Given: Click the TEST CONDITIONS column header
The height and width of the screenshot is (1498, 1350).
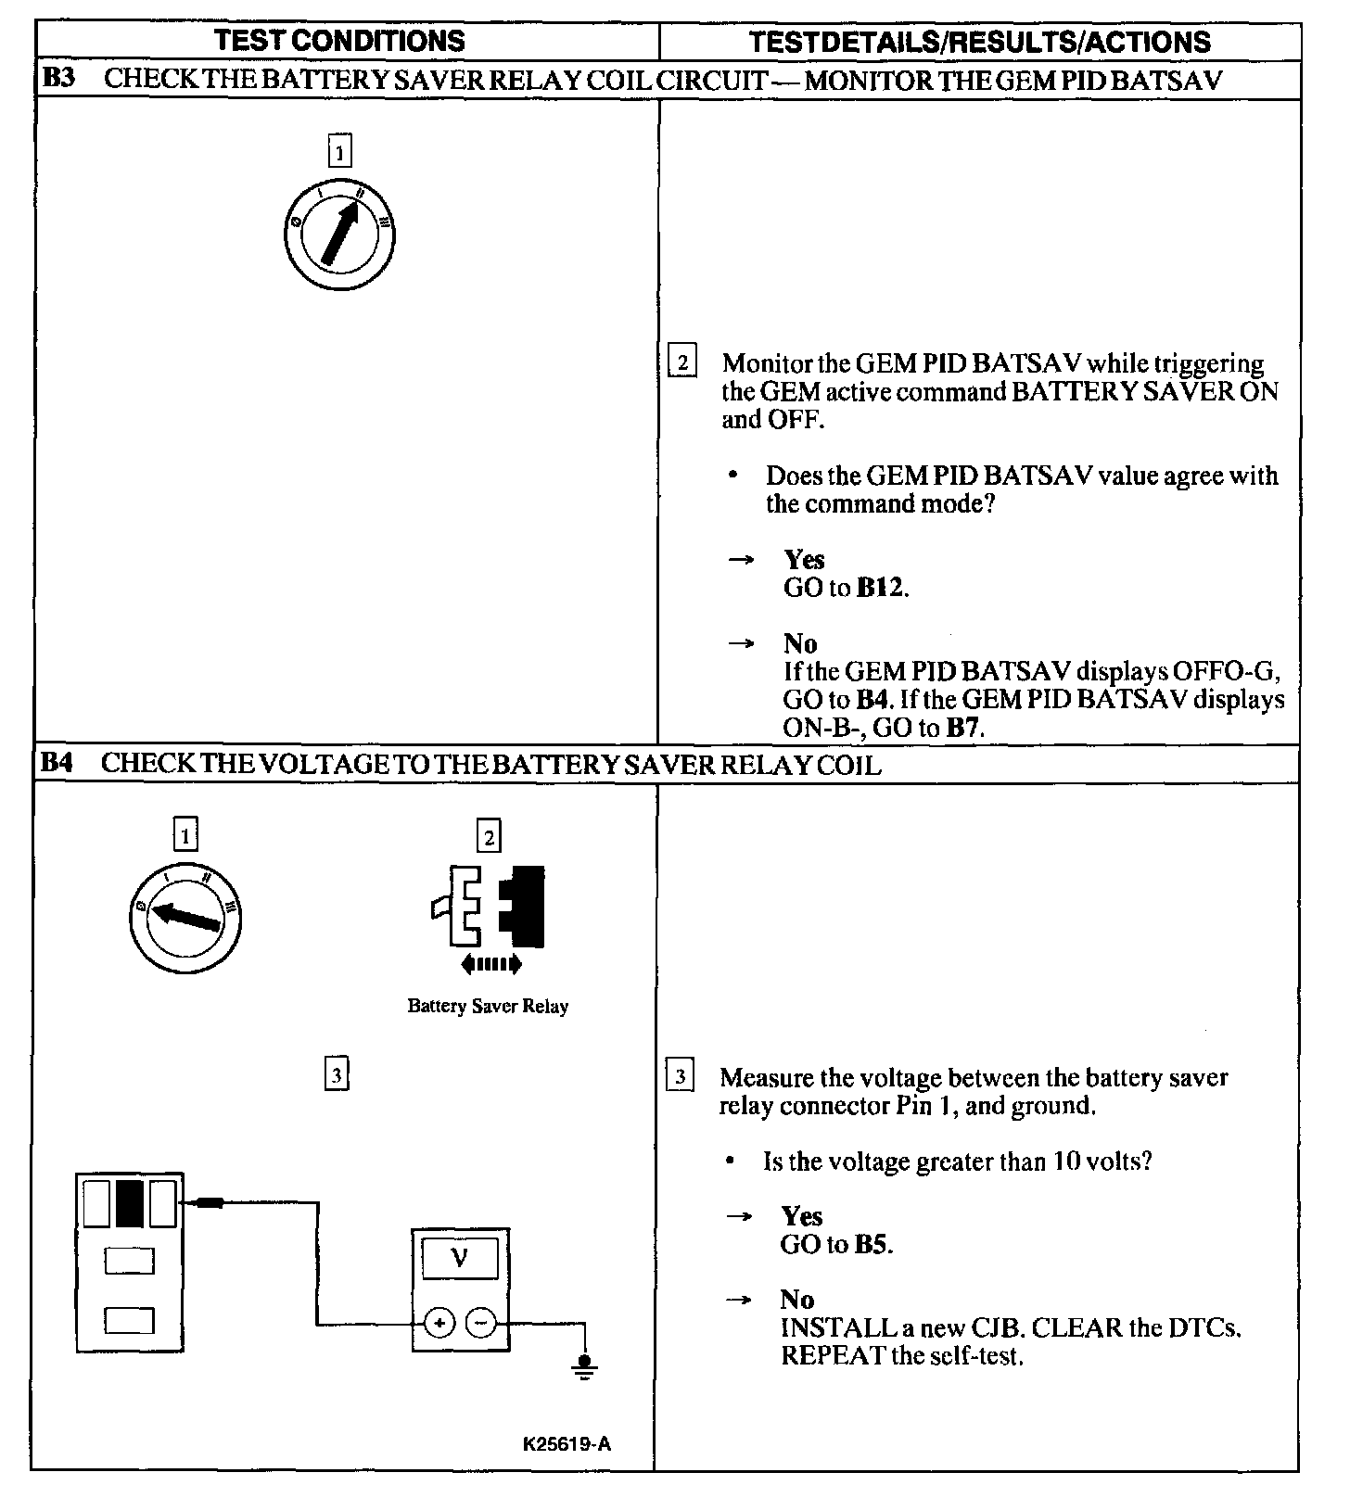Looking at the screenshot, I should coord(339,41).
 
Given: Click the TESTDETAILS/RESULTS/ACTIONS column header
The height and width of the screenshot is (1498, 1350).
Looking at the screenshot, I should coord(979,42).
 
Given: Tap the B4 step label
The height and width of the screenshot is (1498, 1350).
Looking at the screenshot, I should coord(57,763).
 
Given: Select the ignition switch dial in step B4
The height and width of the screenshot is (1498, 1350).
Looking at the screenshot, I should coord(185,916).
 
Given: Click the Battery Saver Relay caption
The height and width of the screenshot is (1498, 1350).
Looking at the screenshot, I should coord(488,1006).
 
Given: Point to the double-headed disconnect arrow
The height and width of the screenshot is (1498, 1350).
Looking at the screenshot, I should coord(491,964).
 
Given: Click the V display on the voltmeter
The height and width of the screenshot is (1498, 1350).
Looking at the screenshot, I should coord(460,1259).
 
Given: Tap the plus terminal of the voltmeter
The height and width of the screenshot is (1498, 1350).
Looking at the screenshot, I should coord(439,1323).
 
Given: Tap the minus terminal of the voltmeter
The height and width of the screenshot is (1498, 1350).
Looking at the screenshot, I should coord(480,1323).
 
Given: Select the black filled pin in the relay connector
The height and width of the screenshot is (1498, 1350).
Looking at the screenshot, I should coord(130,1203).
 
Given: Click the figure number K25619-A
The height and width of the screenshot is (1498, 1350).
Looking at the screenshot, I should coord(567,1444).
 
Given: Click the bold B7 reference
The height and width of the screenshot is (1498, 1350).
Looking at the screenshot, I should coord(963,728).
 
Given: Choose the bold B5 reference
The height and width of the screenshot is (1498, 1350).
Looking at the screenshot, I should coord(872,1244).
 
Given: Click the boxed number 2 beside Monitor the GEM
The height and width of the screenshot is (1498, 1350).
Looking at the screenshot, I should coord(682,362).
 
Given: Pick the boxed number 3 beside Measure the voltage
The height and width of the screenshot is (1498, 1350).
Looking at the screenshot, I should coord(680,1076).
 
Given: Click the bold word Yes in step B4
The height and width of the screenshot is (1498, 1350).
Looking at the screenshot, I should coord(802,1216).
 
